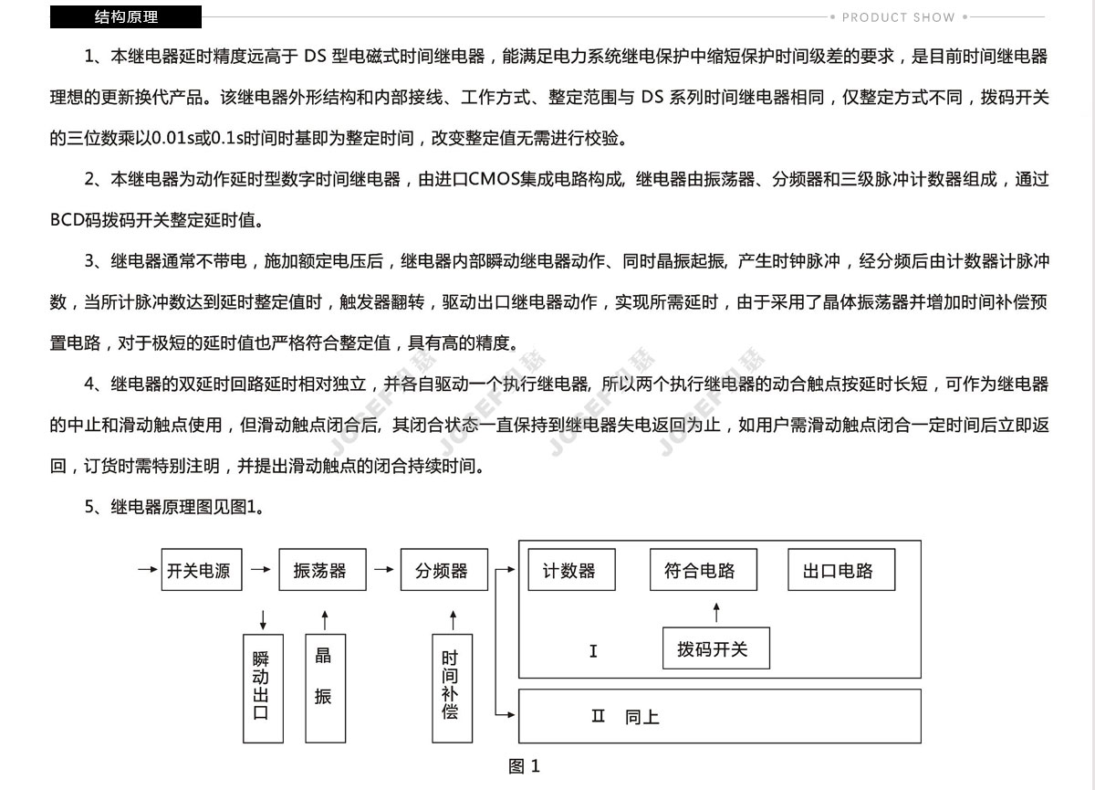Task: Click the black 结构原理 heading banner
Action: click(126, 16)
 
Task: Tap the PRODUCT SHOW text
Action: click(898, 17)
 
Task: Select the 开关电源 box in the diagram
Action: click(202, 569)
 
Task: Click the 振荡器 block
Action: click(323, 569)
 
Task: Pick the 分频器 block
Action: click(444, 569)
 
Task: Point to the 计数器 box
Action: click(572, 569)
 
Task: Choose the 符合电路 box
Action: click(704, 569)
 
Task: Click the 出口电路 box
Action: click(841, 569)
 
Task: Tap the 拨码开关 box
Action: click(716, 648)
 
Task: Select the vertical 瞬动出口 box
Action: click(264, 689)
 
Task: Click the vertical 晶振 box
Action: click(326, 689)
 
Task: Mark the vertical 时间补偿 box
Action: click(453, 689)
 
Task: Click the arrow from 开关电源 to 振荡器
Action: click(261, 569)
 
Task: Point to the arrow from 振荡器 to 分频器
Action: click(384, 569)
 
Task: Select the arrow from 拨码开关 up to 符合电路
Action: click(716, 613)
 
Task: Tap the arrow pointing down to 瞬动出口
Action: click(264, 620)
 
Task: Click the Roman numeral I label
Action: click(593, 651)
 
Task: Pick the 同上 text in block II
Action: click(641, 718)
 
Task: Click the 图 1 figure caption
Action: click(524, 766)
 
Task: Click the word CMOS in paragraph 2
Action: click(495, 179)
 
